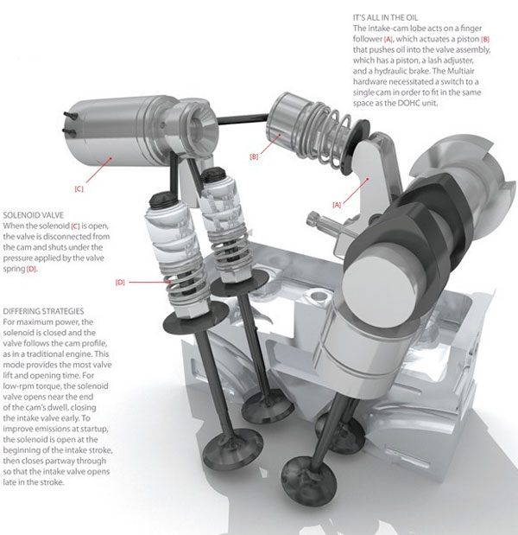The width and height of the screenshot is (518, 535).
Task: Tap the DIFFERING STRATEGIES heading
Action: [x=50, y=309]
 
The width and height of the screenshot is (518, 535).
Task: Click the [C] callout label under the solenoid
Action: [x=79, y=187]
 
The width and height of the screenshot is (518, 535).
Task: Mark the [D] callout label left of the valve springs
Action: [x=121, y=282]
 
